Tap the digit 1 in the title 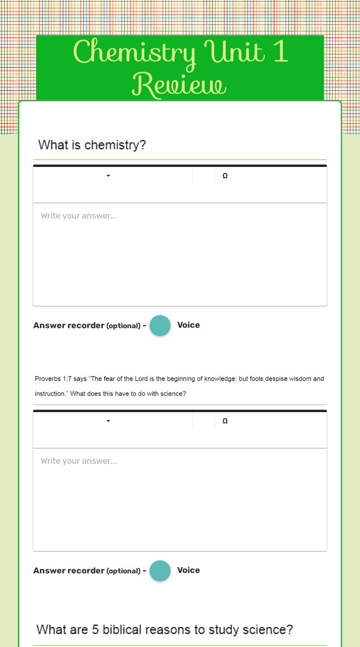(280, 53)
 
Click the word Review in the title (180, 85)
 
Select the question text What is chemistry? (92, 145)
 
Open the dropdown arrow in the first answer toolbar (108, 176)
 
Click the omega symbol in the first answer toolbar (225, 176)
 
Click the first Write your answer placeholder (79, 216)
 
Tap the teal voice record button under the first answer (160, 325)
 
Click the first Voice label (188, 325)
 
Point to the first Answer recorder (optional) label (87, 325)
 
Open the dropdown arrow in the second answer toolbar (108, 421)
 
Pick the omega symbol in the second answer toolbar (225, 421)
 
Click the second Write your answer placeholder (79, 461)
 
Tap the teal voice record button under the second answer (160, 571)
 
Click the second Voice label (188, 570)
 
